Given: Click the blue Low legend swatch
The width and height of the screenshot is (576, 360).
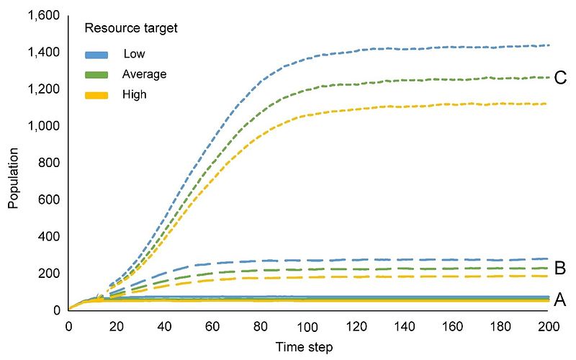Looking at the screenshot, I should click(96, 54).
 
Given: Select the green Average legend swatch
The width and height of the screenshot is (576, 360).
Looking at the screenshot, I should click(96, 74).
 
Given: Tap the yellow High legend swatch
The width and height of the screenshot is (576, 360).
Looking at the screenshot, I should click(96, 94).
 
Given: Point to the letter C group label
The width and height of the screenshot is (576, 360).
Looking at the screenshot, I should click(562, 78).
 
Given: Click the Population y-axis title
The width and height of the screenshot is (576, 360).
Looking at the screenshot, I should click(14, 172).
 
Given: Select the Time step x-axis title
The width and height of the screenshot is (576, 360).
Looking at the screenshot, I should click(305, 348).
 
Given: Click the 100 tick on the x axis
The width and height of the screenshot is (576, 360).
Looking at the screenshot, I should click(308, 325).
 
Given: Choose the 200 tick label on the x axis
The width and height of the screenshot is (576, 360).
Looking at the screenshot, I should click(549, 325).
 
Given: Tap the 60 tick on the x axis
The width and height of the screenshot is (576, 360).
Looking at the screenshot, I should click(212, 325).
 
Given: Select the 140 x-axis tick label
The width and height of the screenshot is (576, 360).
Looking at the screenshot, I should click(405, 325).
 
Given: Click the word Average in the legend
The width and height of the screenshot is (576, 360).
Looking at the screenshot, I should click(145, 74).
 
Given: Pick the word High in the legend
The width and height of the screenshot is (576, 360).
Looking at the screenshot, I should click(135, 94).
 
